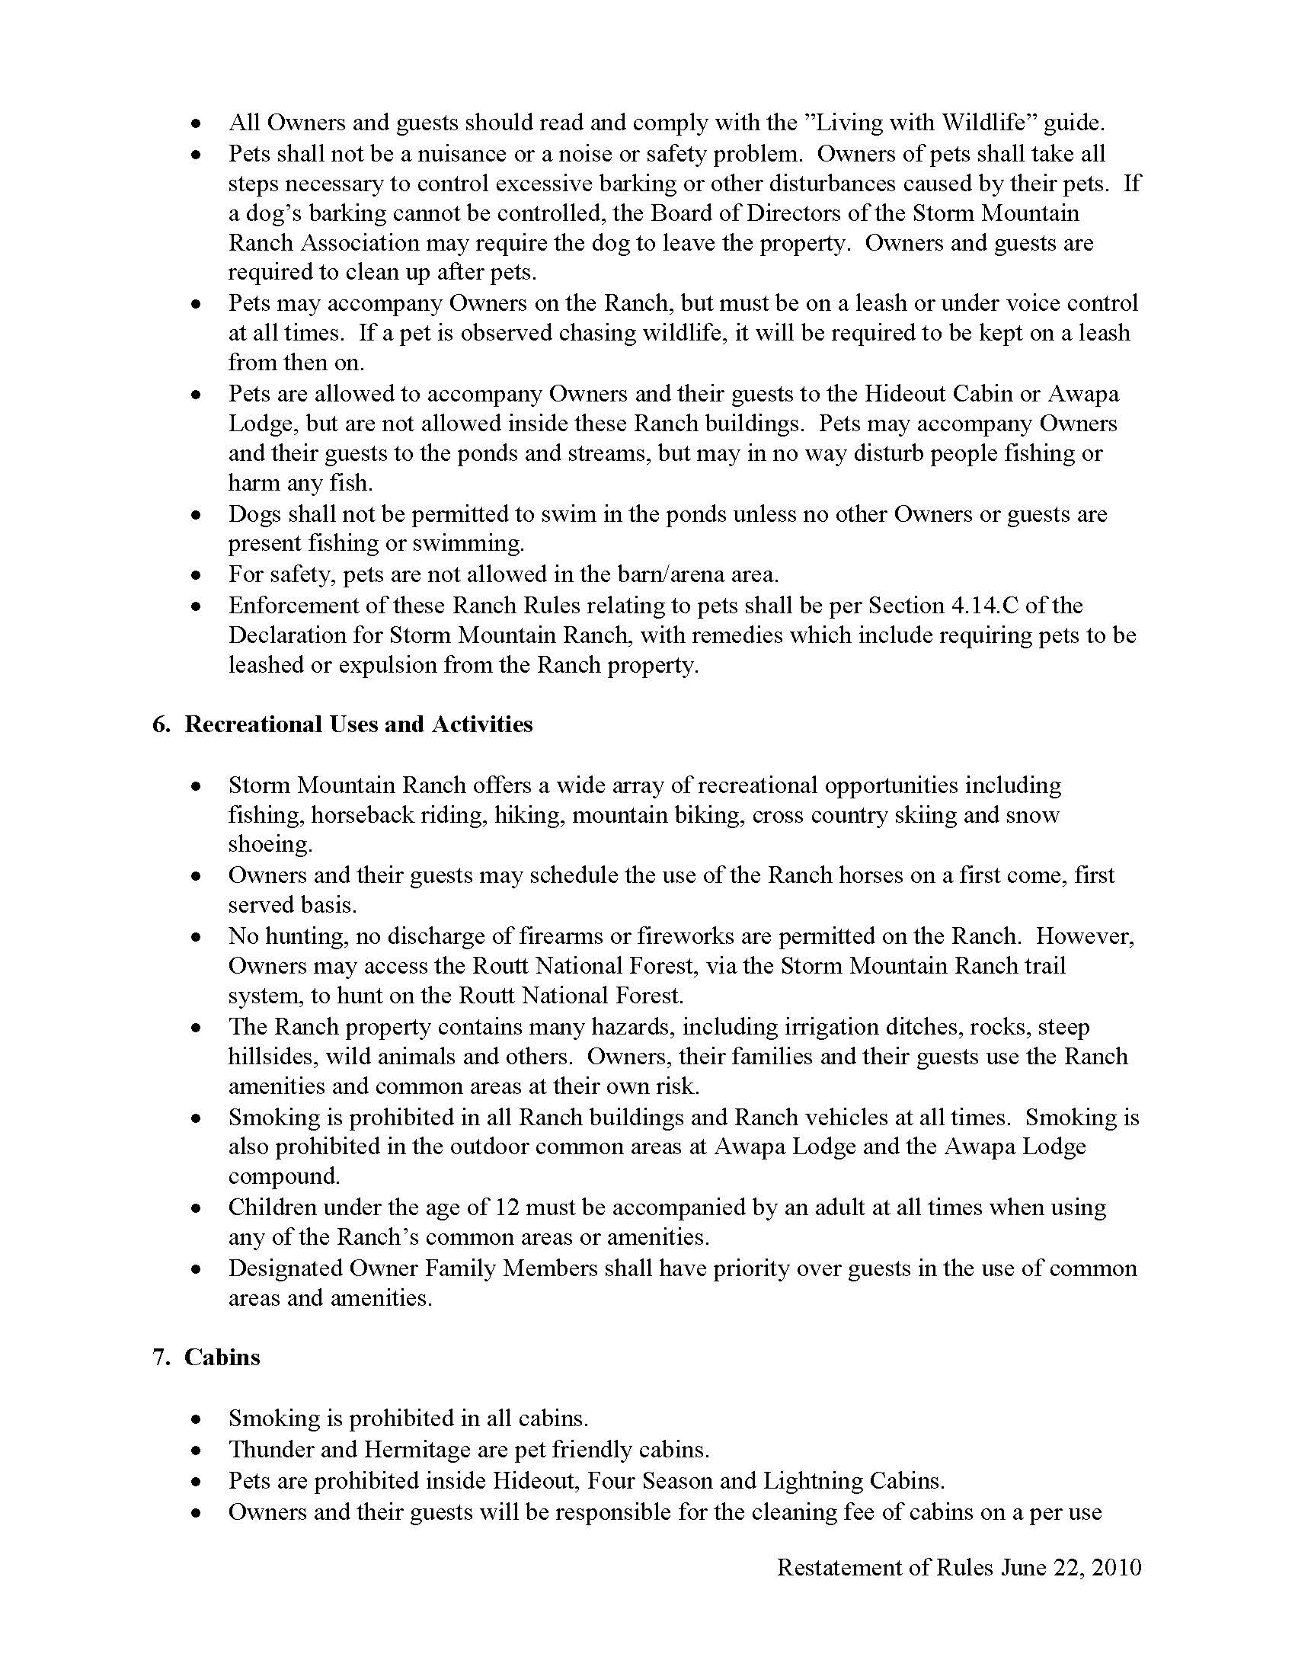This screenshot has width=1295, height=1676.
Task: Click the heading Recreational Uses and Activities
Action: (358, 724)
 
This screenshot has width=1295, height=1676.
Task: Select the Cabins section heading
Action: (222, 1357)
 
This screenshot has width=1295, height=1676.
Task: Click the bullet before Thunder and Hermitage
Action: (197, 1451)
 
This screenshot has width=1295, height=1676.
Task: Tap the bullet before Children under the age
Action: (197, 1209)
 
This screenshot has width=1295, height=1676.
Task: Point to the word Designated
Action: (286, 1268)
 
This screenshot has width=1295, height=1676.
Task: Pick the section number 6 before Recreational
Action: (159, 724)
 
